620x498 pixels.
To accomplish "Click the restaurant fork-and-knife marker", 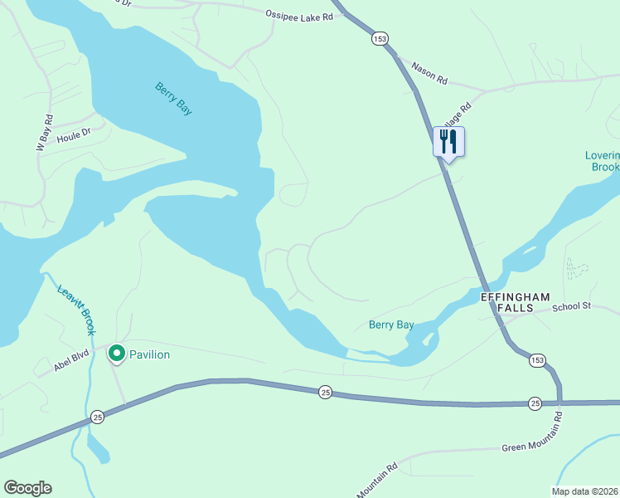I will [448, 141].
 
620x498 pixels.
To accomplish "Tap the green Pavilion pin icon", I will [117, 354].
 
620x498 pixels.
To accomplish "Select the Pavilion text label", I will [149, 354].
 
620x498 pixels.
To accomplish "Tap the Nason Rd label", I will [429, 74].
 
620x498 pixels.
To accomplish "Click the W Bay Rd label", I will [44, 133].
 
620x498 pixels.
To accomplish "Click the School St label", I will [570, 306].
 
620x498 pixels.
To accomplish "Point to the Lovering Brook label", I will [602, 161].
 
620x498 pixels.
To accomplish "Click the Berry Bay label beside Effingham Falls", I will [391, 325].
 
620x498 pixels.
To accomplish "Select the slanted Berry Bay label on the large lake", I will [173, 98].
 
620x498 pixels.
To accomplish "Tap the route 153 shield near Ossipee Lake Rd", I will [380, 38].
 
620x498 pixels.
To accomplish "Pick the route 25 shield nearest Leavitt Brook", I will [98, 417].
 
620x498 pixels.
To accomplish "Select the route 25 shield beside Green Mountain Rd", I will [535, 403].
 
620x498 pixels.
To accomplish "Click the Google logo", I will [27, 488].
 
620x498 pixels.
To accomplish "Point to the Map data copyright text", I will [584, 491].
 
